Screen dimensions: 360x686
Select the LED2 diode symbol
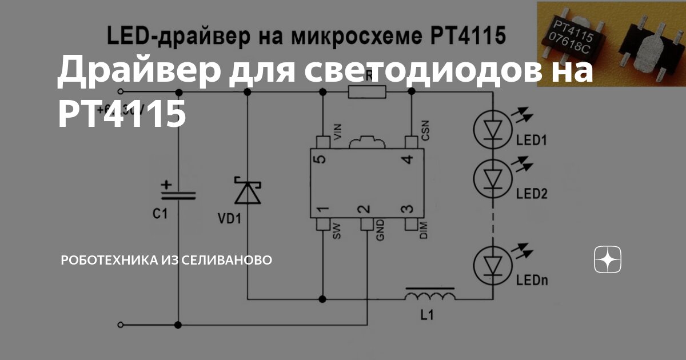pos(492,179)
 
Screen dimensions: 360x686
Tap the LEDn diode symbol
pos(492,263)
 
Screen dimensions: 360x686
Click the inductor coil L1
pos(430,295)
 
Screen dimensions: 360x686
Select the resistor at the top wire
pos(366,92)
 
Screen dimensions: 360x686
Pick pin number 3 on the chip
pos(407,210)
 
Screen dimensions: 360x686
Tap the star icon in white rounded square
pos(608,261)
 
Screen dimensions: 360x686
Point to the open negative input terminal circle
pos(121,325)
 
